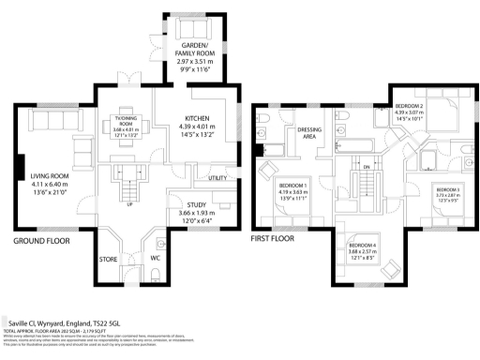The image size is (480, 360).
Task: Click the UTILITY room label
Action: tap(218, 178)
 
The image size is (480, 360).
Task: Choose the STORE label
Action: tap(108, 259)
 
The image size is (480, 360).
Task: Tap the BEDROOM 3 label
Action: tap(443, 189)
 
